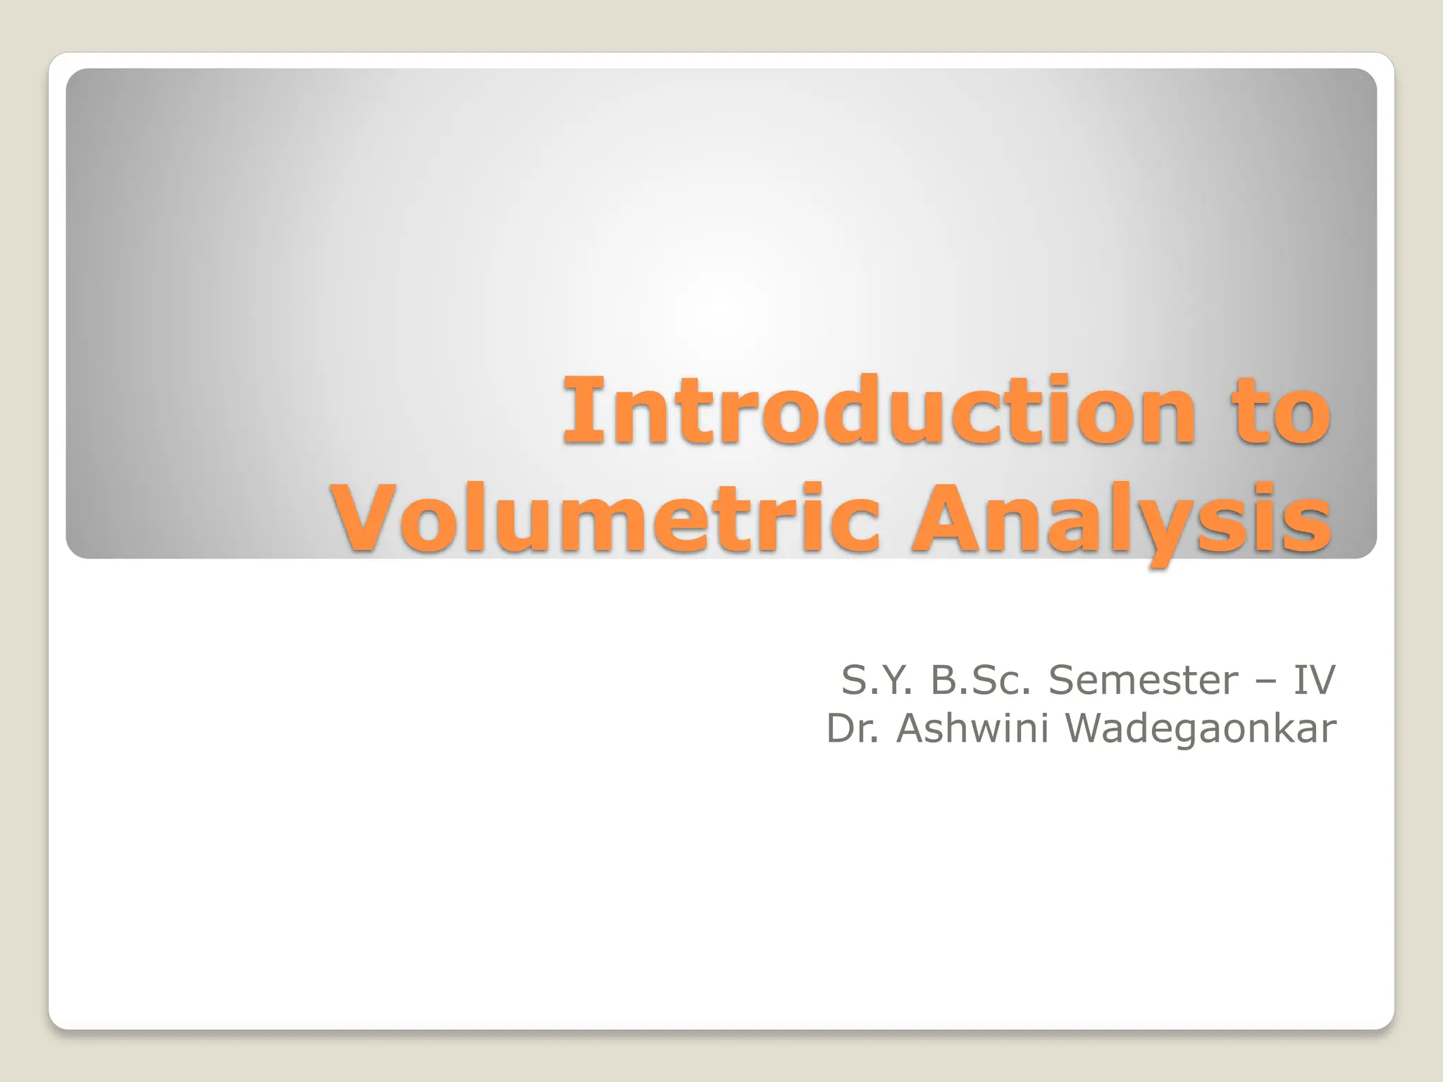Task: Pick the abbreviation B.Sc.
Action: [982, 680]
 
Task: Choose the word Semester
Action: [1143, 680]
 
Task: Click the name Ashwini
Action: [975, 728]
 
